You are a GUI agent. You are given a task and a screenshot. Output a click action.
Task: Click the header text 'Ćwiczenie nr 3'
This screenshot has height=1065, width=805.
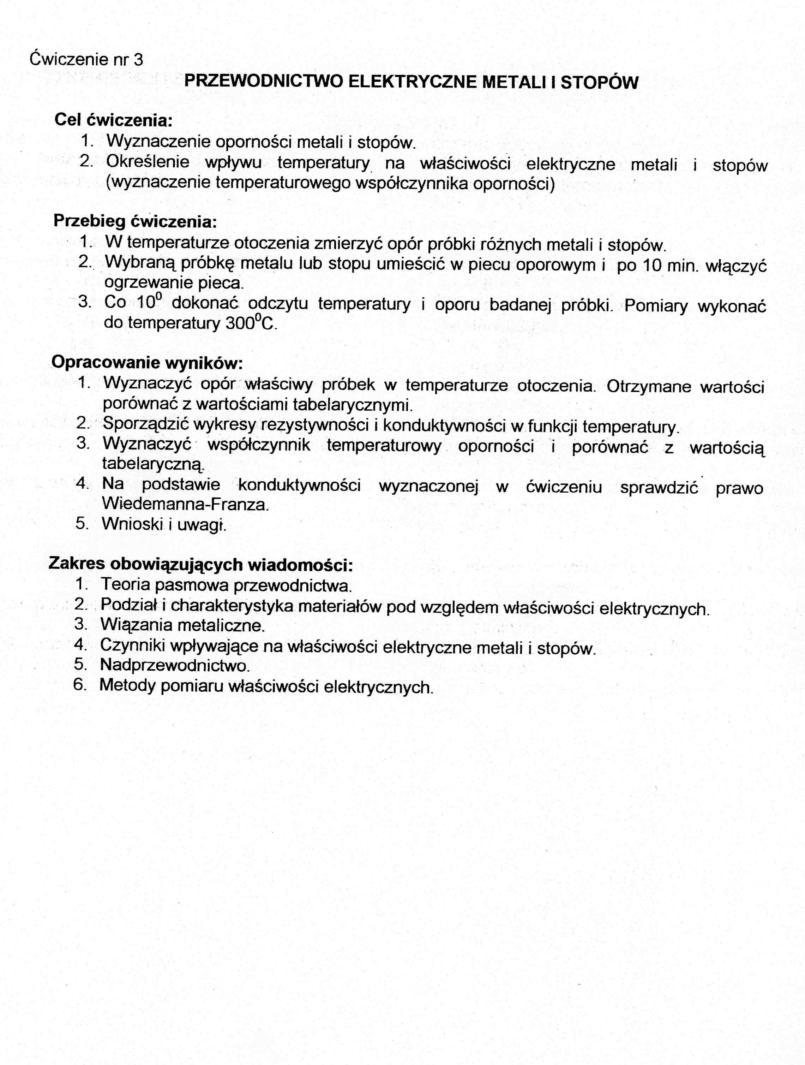coord(86,60)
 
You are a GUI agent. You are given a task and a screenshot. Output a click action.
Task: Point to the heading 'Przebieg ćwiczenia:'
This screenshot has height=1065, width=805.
coord(135,221)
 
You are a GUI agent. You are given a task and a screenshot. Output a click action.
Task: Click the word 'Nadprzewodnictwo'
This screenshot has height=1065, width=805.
coord(175,665)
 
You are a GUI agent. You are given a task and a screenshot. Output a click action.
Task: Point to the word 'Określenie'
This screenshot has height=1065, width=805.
coord(148,162)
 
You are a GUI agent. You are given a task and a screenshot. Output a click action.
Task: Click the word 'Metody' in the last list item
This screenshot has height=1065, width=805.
coord(127,686)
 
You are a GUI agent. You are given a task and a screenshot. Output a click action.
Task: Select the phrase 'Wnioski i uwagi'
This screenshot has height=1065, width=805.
coord(164,524)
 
